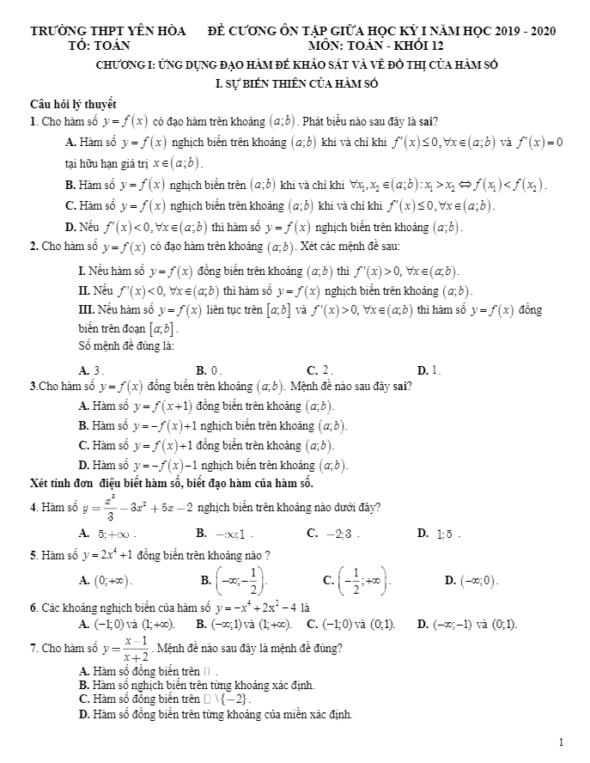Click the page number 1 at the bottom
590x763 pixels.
point(560,742)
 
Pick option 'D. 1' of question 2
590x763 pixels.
point(429,370)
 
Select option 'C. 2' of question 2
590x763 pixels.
point(319,370)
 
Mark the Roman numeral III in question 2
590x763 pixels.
point(85,309)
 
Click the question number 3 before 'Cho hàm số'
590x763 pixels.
point(33,386)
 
